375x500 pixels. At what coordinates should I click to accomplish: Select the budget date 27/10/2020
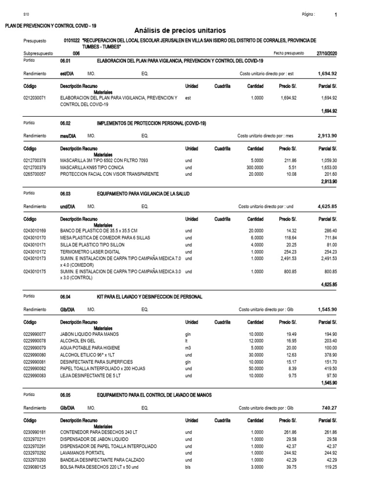pyautogui.click(x=327, y=53)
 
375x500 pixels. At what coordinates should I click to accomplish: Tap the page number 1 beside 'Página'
pyautogui.click(x=335, y=15)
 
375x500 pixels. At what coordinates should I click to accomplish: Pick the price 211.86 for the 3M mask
pyautogui.click(x=285, y=160)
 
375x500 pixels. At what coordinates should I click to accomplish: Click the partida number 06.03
pyautogui.click(x=65, y=194)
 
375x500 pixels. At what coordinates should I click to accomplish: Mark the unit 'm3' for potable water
pyautogui.click(x=188, y=348)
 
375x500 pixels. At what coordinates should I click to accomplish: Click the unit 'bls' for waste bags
pyautogui.click(x=188, y=466)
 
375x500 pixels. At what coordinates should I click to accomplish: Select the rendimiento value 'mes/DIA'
pyautogui.click(x=67, y=136)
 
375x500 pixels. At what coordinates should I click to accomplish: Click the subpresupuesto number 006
pyautogui.click(x=76, y=53)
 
